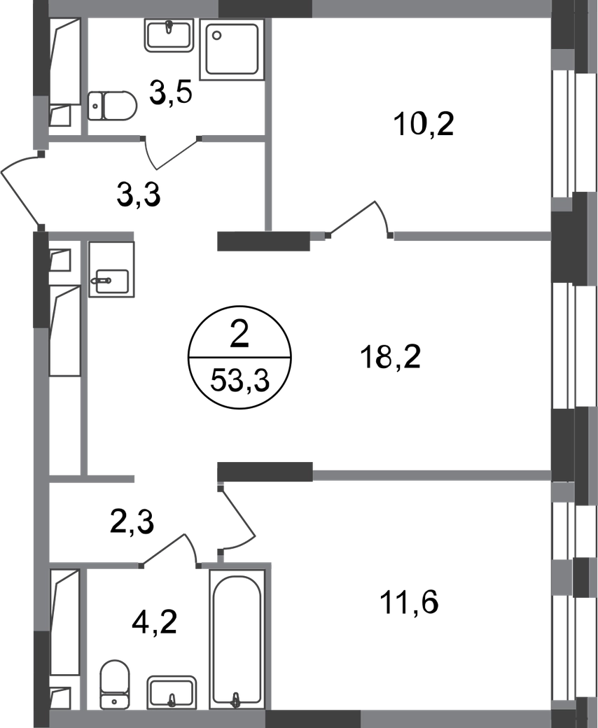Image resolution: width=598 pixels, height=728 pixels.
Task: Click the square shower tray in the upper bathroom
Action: click(232, 49)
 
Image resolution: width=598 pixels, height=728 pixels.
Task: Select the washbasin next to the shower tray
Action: click(169, 36)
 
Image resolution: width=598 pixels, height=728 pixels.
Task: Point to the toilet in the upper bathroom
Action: click(113, 106)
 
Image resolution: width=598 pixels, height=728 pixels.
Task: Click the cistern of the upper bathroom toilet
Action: click(95, 106)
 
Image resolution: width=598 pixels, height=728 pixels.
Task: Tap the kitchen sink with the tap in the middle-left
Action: click(112, 272)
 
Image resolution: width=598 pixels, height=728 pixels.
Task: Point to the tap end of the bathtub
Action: click(237, 696)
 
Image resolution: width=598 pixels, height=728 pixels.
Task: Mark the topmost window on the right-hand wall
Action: click(565, 133)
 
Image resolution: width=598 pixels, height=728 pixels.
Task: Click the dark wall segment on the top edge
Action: click(265, 9)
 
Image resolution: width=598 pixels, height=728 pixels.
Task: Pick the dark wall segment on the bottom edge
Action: click(312, 718)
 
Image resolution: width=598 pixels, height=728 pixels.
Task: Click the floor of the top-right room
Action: click(413, 119)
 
